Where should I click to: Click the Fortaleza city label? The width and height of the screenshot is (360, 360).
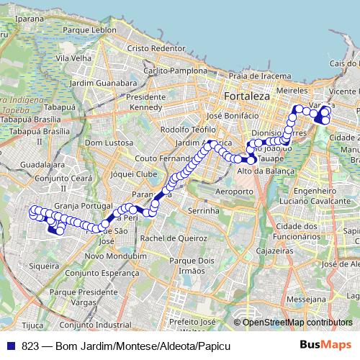pos(246,96)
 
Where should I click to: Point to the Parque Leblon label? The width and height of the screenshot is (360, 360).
pos(89,31)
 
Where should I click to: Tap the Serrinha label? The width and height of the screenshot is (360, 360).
pos(203,211)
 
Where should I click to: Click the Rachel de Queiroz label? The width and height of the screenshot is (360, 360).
pos(171,238)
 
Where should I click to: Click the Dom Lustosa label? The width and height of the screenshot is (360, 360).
pos(106,143)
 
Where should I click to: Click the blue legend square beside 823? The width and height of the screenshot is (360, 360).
pos(11,346)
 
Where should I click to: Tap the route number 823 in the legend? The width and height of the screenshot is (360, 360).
pos(30,346)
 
